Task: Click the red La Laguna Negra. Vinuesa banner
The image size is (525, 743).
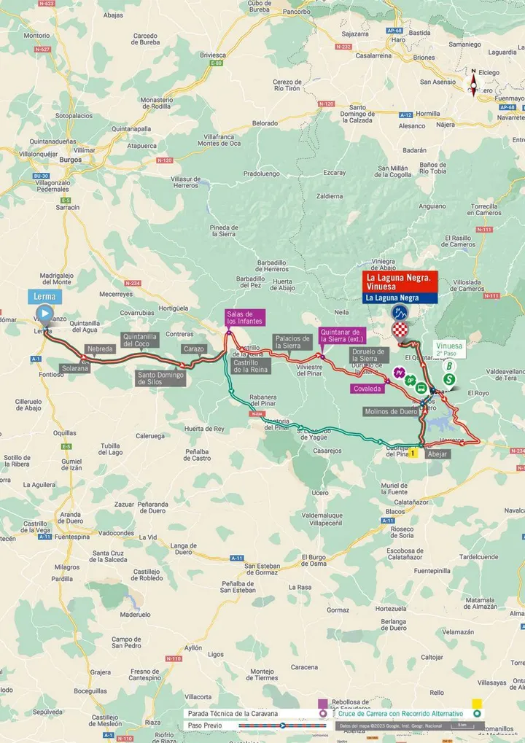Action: [402, 281]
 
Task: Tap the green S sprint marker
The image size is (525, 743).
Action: [450, 379]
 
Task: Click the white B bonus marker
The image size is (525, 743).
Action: [449, 366]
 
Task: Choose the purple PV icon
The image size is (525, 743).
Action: [400, 373]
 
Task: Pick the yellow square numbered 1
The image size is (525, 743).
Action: [413, 453]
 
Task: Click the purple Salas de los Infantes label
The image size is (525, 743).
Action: [245, 317]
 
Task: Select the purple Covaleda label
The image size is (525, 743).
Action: [368, 389]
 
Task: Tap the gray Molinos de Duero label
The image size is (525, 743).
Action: [392, 412]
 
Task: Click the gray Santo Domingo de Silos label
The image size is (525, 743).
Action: [160, 378]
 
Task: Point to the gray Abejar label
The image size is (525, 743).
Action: [438, 453]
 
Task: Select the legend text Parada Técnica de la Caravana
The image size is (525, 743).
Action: [233, 713]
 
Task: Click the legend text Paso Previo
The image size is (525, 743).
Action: [203, 726]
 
